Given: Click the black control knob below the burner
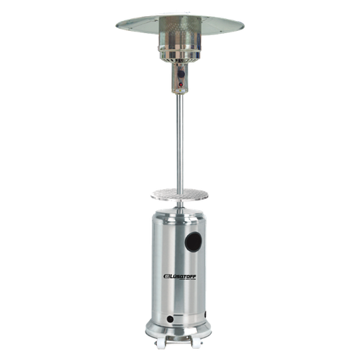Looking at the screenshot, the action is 181,74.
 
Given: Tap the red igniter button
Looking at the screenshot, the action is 181,84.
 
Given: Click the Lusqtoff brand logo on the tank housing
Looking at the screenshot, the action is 180,277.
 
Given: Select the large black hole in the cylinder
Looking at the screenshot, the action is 193,242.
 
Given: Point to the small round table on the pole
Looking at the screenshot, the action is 179,195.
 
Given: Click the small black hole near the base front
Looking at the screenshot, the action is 170,319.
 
